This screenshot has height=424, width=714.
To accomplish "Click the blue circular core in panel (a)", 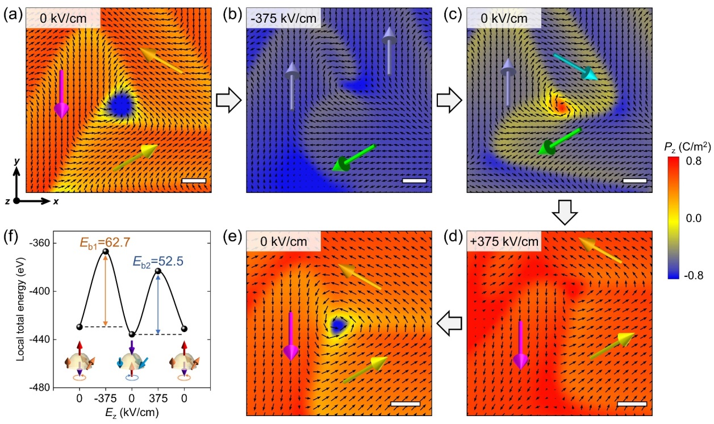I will pos(120,104).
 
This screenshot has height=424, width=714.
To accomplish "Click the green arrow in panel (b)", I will pos(353,157).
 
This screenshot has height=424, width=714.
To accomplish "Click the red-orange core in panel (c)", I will pos(561,106).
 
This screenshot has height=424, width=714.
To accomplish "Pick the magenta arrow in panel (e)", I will pos(291,336).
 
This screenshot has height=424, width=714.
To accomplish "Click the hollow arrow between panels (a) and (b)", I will pos(229,100).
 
